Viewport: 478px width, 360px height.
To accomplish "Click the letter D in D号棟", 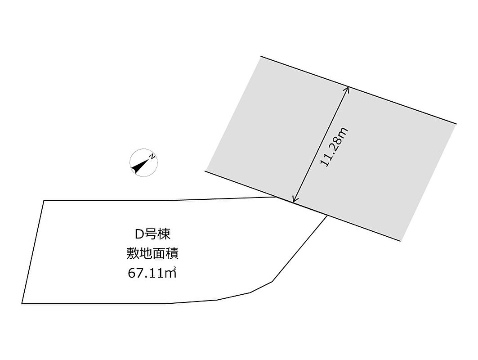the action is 139,234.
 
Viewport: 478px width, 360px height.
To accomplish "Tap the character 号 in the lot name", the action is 150,234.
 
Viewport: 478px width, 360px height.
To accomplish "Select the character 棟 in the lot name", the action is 164,234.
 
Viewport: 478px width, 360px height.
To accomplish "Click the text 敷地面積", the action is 152,254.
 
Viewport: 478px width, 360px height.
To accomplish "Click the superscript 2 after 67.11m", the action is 174,269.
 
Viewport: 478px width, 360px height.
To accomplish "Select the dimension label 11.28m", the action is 334,147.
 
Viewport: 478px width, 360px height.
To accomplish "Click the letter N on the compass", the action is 152,157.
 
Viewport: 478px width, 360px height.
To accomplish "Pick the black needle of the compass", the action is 138,166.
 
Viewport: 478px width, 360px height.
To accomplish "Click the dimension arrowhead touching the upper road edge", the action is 347,89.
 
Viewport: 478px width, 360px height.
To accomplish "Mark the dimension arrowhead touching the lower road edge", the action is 294,200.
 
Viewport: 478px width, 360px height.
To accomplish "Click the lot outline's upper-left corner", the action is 44,201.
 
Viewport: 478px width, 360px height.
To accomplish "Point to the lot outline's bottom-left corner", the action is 22,304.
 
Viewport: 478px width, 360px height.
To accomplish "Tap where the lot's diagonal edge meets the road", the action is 327,216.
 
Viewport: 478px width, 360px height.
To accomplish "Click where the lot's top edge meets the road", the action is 277,197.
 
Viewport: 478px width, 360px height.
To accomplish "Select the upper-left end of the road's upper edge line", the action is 261,56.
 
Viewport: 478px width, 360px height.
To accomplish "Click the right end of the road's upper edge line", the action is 456,124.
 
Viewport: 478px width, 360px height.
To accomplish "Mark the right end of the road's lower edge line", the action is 400,241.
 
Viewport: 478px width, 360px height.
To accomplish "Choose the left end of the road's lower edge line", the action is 205,171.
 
